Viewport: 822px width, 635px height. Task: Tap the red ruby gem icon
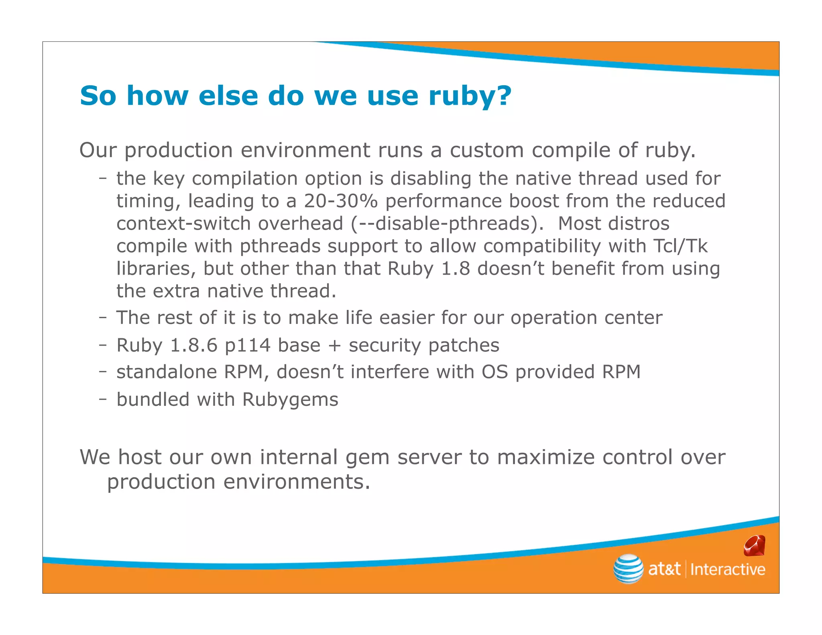(x=754, y=546)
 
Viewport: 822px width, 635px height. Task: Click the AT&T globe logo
(x=628, y=568)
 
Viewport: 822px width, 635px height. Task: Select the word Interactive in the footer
(x=727, y=570)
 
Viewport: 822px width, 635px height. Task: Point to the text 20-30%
(x=341, y=201)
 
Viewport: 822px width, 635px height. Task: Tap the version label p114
(x=247, y=346)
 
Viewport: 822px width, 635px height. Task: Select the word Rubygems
(x=290, y=400)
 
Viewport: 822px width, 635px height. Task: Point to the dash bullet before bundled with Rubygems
(x=103, y=399)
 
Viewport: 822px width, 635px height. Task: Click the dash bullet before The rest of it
(x=103, y=317)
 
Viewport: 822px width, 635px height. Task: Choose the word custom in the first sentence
(x=486, y=151)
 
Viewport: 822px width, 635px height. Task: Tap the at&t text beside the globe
(x=664, y=569)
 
